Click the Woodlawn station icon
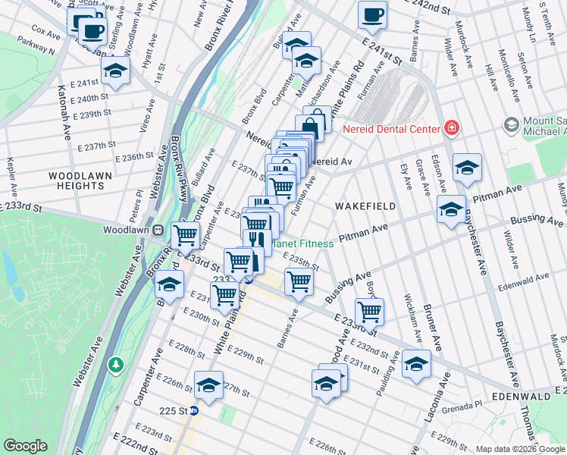158,230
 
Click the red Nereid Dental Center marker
452,128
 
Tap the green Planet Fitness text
303,243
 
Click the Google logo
26,446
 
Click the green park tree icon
115,366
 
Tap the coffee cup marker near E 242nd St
371,14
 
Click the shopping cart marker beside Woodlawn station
185,235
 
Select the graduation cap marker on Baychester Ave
467,168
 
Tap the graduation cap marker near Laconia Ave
416,365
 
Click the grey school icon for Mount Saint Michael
511,124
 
